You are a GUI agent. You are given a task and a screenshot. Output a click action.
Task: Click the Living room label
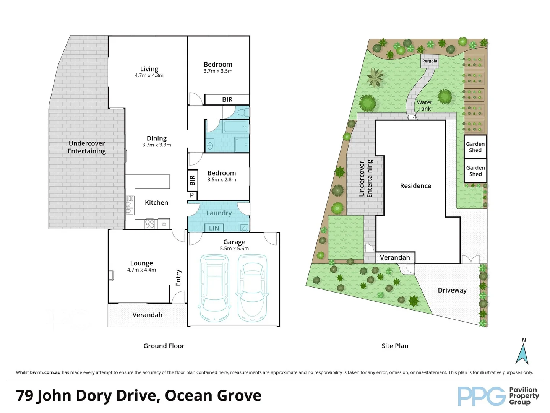[x=149, y=69]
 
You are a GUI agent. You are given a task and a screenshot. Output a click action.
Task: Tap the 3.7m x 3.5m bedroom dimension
[x=218, y=71]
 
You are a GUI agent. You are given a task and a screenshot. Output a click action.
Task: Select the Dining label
[x=157, y=138]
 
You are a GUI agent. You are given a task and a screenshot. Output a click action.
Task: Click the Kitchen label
[x=156, y=203]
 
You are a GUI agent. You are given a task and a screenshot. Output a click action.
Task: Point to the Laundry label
[x=219, y=213]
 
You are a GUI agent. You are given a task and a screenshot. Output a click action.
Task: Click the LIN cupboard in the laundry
[x=214, y=228]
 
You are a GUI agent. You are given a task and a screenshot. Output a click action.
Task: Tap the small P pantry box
[x=192, y=195]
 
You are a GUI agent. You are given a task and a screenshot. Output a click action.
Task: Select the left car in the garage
[x=214, y=288]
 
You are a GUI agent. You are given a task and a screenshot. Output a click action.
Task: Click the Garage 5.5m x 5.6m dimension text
[x=234, y=249]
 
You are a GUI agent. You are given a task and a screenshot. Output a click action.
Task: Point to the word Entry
[x=178, y=278]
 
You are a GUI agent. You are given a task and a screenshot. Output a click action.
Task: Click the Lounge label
[x=141, y=263]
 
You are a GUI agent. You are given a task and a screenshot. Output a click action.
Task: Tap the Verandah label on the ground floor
[x=147, y=315]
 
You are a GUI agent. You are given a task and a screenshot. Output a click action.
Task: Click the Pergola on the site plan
[x=430, y=61]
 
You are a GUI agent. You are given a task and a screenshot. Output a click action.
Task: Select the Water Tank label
[x=424, y=106]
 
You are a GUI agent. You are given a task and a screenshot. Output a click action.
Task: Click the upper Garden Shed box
[x=475, y=147]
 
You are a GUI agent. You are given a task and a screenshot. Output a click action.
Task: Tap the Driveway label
[x=452, y=290]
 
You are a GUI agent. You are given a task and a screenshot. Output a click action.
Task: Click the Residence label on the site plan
[x=415, y=186]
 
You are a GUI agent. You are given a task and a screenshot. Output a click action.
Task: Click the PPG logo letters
[x=482, y=396]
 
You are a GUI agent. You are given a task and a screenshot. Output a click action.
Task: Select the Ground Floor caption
[x=164, y=346]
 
